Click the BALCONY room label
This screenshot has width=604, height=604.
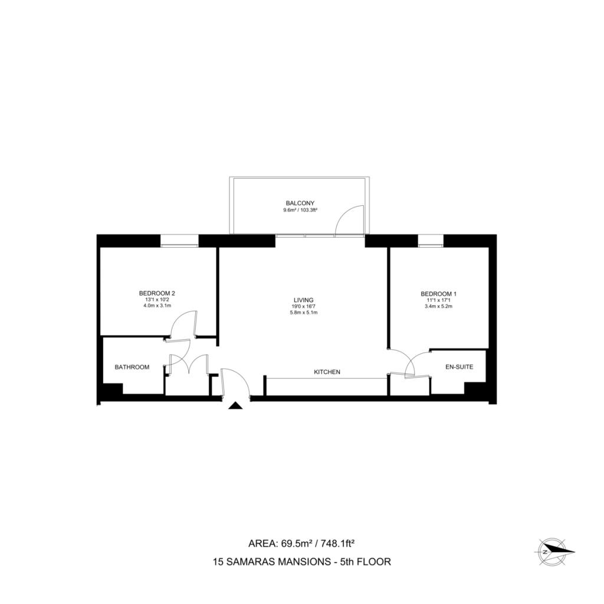click(x=300, y=202)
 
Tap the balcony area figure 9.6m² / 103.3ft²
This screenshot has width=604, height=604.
click(x=300, y=210)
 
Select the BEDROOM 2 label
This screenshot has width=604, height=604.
click(x=157, y=293)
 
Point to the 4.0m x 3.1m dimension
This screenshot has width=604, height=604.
click(x=157, y=306)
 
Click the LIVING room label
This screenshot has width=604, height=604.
click(x=304, y=300)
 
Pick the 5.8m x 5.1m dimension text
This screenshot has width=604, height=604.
click(x=304, y=313)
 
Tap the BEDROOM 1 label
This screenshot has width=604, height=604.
click(x=438, y=294)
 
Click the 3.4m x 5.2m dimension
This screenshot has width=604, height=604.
click(x=438, y=306)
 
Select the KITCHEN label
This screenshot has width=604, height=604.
click(x=327, y=372)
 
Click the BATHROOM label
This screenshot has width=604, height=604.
click(x=132, y=367)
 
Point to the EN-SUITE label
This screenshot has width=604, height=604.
click(x=459, y=367)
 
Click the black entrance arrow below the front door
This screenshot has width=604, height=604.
click(x=235, y=406)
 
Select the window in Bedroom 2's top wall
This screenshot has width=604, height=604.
click(x=179, y=241)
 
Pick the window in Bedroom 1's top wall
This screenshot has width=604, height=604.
click(x=431, y=241)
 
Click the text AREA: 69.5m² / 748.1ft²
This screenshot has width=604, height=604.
click(x=301, y=543)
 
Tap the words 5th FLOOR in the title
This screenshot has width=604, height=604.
click(x=366, y=562)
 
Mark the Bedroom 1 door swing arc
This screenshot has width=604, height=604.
click(x=409, y=360)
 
